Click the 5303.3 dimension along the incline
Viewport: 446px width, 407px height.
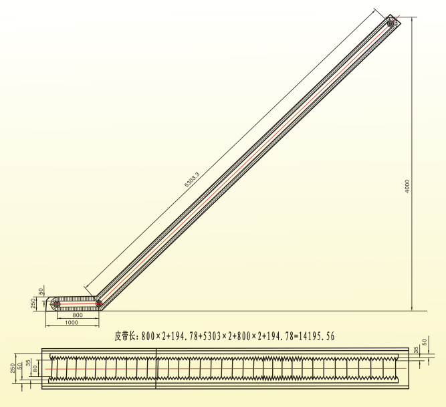tap(192, 180)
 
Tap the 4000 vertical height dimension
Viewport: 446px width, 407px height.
tap(407, 186)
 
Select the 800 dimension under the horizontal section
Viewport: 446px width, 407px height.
tap(78, 315)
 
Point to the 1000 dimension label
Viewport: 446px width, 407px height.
tap(72, 322)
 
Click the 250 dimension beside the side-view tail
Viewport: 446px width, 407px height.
tap(33, 303)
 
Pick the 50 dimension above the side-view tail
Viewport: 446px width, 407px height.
tap(41, 291)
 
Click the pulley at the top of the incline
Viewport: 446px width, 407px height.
tap(391, 23)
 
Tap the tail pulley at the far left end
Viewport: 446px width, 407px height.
tap(57, 304)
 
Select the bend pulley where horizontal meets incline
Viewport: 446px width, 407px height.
tap(98, 303)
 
